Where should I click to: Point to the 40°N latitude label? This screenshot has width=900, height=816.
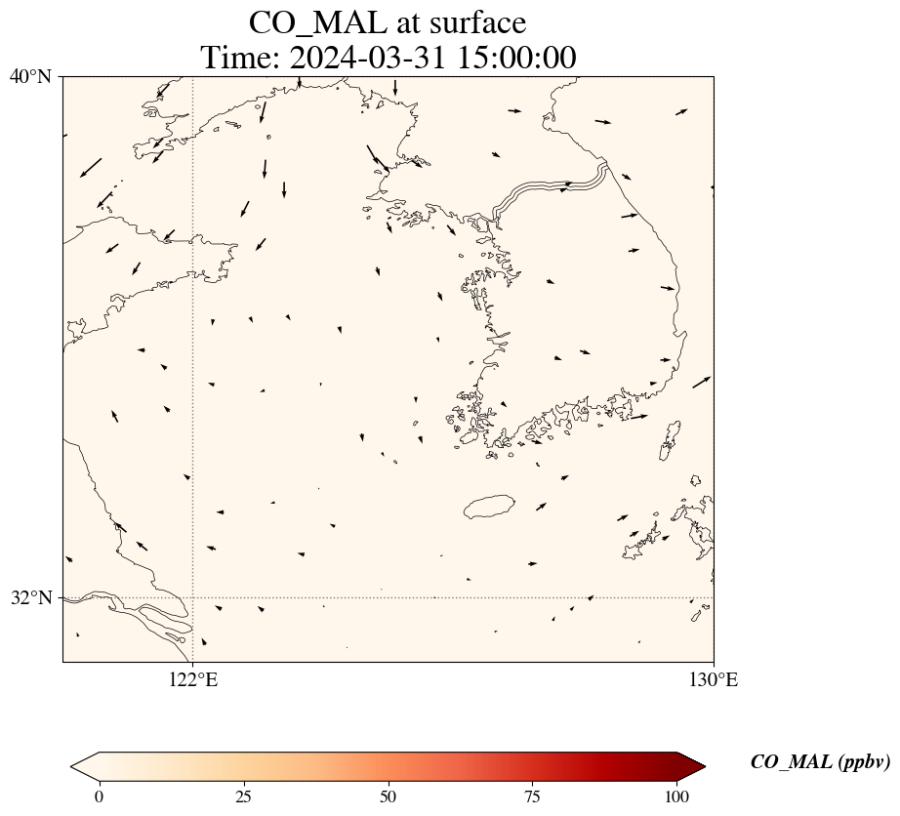30,76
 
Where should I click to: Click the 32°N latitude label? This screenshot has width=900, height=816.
30,597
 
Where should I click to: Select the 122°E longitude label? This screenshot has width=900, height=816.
193,680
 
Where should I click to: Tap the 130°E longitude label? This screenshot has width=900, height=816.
714,680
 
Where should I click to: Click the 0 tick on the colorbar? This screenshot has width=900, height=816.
99,796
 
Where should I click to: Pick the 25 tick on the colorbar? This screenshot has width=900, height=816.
243,796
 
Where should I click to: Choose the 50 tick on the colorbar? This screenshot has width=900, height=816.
389,796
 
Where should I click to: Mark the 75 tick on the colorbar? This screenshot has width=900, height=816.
533,796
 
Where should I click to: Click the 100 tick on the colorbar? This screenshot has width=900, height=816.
677,796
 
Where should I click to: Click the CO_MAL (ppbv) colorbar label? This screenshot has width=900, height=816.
820,762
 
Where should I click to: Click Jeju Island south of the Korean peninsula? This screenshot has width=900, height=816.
489,507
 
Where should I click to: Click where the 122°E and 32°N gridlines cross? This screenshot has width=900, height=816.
193,597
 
